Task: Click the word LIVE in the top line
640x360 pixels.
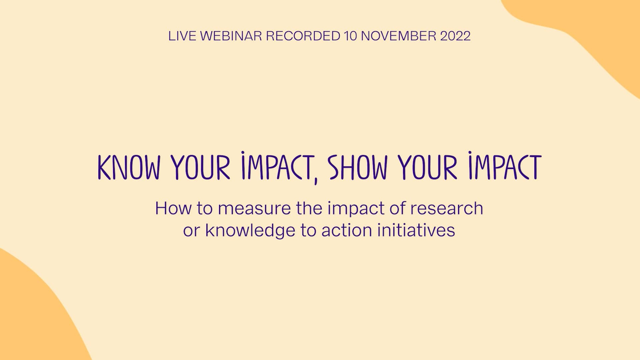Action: [182, 36]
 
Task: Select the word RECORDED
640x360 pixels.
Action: [303, 36]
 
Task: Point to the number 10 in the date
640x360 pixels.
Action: [350, 36]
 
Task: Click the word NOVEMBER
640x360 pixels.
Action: [398, 36]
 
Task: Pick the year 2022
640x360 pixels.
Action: [455, 36]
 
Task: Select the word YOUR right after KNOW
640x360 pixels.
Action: [201, 167]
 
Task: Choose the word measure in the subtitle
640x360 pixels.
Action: [254, 208]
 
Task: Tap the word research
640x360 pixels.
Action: [447, 208]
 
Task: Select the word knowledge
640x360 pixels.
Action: [250, 230]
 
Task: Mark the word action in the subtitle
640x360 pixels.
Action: [346, 230]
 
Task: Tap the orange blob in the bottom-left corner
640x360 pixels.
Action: [30, 317]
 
